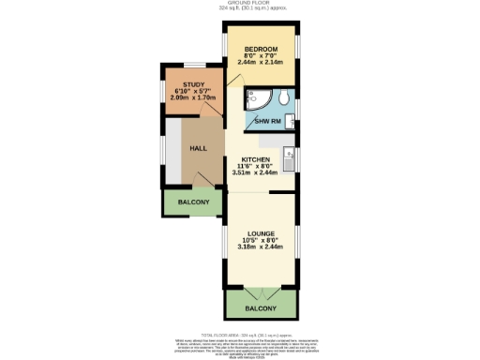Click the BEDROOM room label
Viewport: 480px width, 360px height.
pos(262,48)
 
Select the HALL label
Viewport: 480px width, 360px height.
pos(199,148)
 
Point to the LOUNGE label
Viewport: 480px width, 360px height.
pos(262,233)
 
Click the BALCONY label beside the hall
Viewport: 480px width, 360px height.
pos(193,202)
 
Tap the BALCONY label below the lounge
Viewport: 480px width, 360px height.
pos(262,308)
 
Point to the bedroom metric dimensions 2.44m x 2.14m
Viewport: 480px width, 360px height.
pos(262,61)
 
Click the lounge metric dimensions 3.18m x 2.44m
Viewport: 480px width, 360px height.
pos(262,247)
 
